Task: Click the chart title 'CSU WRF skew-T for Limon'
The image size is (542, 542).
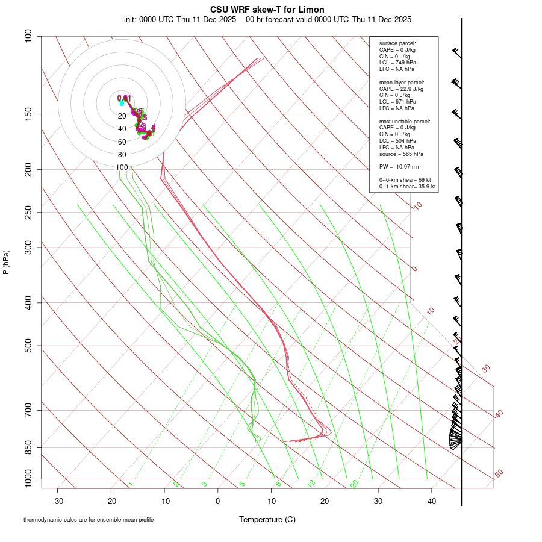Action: (267, 10)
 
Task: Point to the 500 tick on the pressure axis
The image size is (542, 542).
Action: (28, 346)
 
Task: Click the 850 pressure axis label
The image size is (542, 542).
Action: (28, 447)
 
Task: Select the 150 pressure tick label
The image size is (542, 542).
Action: (28, 114)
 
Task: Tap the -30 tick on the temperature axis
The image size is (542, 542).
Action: (58, 501)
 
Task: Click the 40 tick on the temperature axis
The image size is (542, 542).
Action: (432, 501)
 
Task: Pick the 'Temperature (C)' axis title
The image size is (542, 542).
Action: (267, 519)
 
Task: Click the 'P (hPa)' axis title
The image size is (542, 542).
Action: (6, 262)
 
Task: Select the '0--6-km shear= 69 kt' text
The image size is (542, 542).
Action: (405, 179)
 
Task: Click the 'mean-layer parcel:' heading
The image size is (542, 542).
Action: (401, 82)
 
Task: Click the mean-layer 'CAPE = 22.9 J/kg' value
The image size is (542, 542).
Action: (401, 89)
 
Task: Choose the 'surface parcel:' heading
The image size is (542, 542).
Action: (397, 43)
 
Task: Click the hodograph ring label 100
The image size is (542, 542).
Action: (122, 167)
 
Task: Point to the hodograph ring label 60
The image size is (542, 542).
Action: (122, 142)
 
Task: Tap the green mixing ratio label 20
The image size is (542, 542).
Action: (355, 484)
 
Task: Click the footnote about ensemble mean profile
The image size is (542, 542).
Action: (89, 519)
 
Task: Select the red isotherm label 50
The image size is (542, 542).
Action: (499, 474)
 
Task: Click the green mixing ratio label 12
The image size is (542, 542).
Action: (311, 484)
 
